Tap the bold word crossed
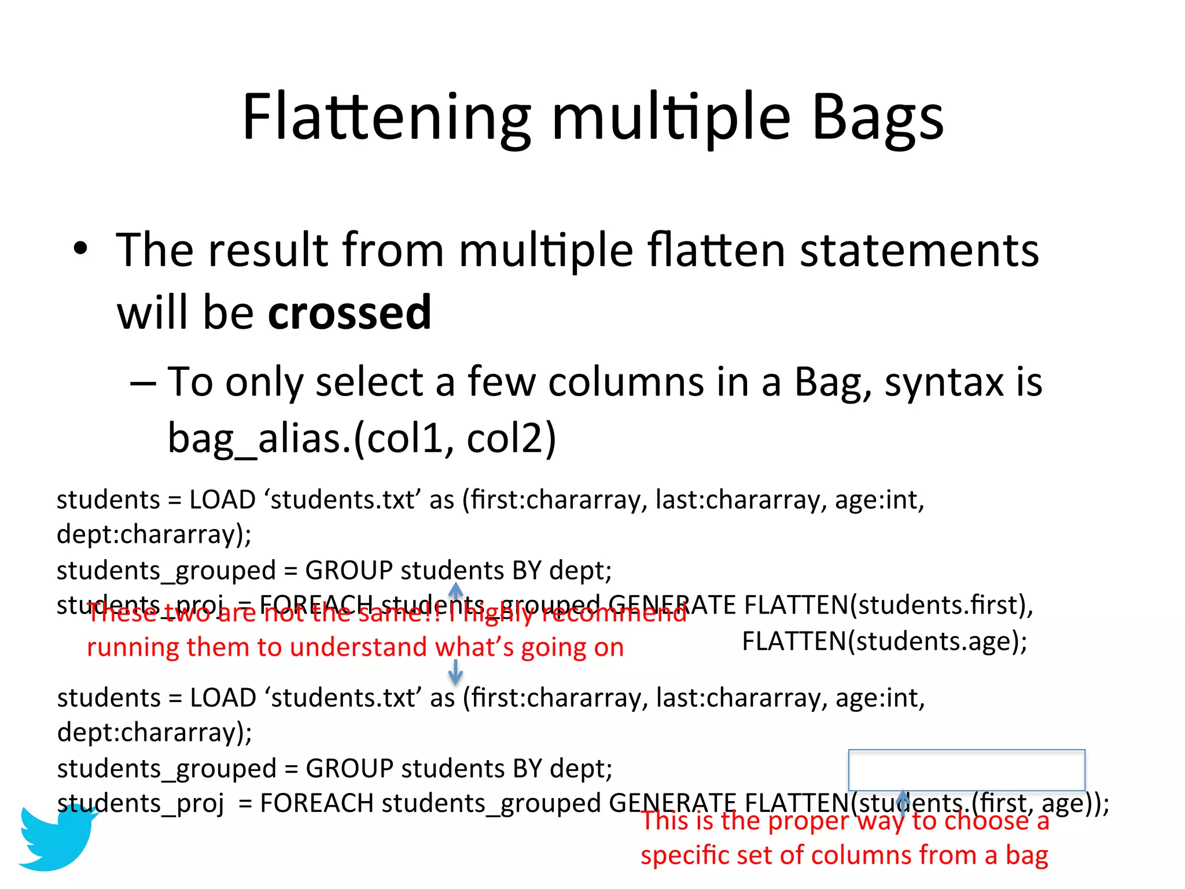[349, 313]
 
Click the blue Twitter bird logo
[57, 837]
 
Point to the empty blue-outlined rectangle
[966, 770]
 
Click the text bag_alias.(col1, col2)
[362, 438]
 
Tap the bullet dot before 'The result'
[81, 249]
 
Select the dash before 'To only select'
[142, 383]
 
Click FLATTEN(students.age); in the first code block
[884, 641]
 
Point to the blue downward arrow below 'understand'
[455, 673]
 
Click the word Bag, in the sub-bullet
[833, 383]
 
